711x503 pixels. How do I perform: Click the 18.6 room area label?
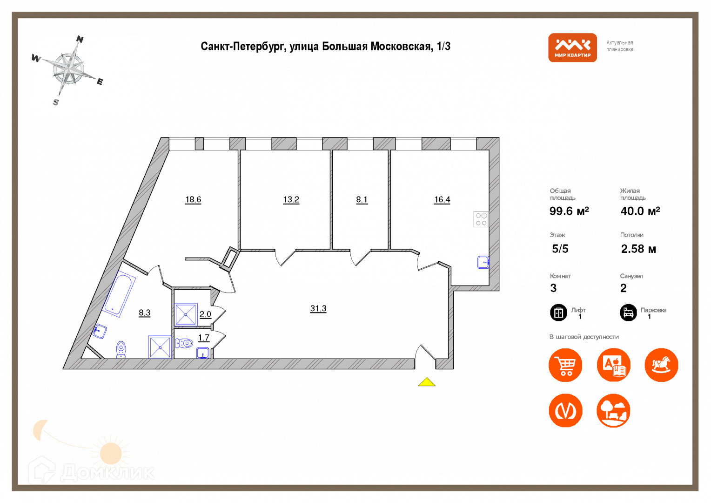pyautogui.click(x=193, y=200)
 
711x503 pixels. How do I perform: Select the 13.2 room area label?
pyautogui.click(x=291, y=200)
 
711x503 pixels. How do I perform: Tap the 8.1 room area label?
pyautogui.click(x=362, y=200)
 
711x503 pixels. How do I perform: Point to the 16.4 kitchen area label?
pyautogui.click(x=442, y=200)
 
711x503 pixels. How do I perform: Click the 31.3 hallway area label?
pyautogui.click(x=318, y=308)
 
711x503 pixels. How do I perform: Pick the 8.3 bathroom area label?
pyautogui.click(x=144, y=313)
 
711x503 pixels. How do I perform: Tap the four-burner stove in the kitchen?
pyautogui.click(x=481, y=219)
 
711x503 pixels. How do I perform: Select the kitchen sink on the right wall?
pyautogui.click(x=483, y=262)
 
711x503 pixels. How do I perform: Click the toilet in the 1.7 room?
pyautogui.click(x=185, y=344)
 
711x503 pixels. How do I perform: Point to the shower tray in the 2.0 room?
pyautogui.click(x=186, y=314)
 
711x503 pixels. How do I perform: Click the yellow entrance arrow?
pyautogui.click(x=427, y=382)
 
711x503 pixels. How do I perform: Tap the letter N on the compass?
pyautogui.click(x=80, y=40)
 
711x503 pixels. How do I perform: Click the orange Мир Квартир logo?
pyautogui.click(x=572, y=48)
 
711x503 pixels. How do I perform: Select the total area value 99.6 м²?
pyautogui.click(x=569, y=211)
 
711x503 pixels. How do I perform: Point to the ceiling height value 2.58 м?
pyautogui.click(x=638, y=249)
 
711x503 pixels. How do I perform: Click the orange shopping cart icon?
pyautogui.click(x=565, y=365)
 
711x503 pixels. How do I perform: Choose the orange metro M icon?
pyautogui.click(x=565, y=410)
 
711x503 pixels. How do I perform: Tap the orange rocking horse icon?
pyautogui.click(x=661, y=365)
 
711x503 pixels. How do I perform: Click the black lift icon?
pyautogui.click(x=558, y=313)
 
